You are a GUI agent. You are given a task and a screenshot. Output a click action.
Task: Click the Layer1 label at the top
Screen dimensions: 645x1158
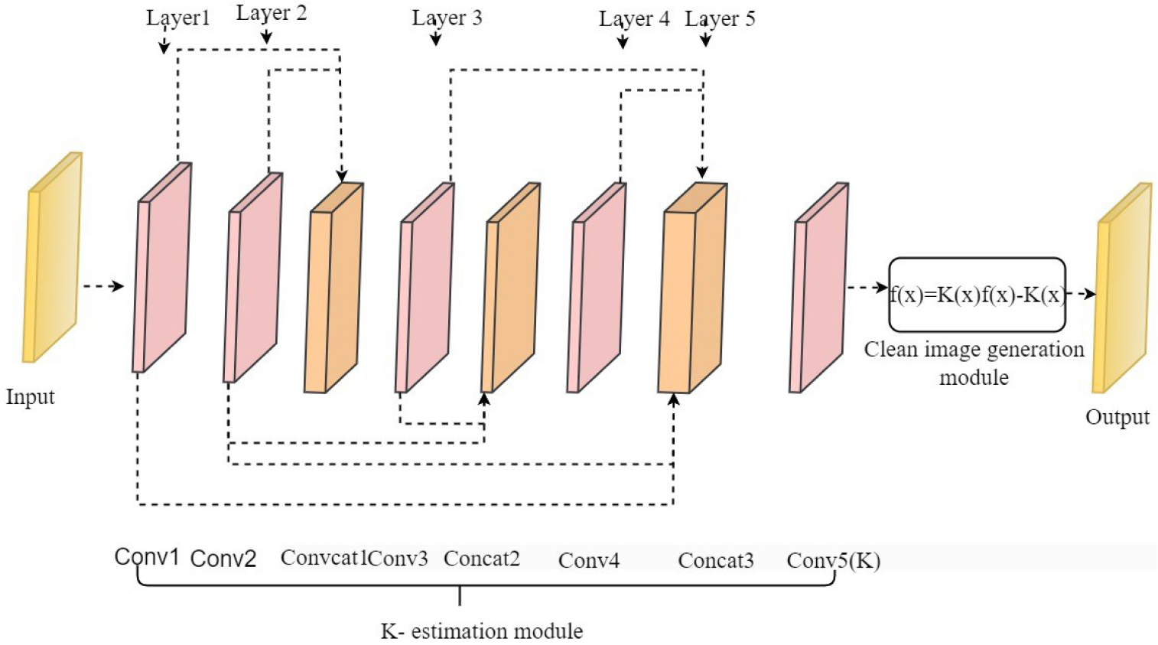[x=177, y=18]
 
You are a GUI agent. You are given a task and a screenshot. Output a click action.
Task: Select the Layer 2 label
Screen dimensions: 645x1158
[x=271, y=14]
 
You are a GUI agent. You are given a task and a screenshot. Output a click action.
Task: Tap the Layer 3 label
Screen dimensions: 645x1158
[x=447, y=18]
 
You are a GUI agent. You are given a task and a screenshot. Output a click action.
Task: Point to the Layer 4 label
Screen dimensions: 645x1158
[x=633, y=19]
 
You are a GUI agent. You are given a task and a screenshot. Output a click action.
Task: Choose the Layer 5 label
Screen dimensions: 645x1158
[x=720, y=19]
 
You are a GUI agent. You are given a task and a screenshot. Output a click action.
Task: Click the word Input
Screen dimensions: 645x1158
[x=31, y=396]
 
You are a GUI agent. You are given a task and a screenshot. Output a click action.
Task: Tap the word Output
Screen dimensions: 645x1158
[x=1117, y=417]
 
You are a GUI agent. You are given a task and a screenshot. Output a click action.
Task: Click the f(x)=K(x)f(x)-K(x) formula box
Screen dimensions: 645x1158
[x=977, y=295]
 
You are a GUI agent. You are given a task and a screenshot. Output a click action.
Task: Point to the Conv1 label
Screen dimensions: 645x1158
[x=147, y=557]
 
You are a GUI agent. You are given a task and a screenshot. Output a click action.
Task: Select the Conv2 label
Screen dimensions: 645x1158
[x=223, y=559]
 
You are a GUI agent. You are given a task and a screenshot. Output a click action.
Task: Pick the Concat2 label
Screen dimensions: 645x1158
[x=481, y=559]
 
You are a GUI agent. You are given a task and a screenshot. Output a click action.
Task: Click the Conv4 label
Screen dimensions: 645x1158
[x=588, y=561]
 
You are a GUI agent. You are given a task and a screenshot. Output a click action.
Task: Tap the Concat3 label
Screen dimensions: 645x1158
[x=715, y=561]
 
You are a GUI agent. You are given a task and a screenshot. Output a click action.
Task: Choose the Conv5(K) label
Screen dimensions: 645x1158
[x=833, y=561]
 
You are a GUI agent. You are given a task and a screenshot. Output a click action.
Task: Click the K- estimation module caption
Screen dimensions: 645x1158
[x=482, y=631]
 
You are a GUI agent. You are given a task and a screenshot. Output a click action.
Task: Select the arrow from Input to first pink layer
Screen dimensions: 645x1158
[x=102, y=286]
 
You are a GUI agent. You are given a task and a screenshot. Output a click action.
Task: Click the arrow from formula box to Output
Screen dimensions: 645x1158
[x=1081, y=294]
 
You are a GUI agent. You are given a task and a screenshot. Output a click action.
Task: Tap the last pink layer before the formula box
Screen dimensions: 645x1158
[x=818, y=287]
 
